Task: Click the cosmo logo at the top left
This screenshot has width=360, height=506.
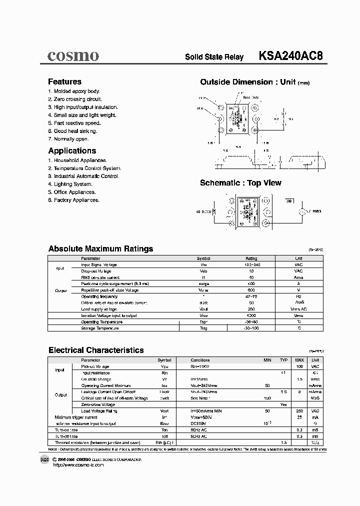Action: tap(73, 55)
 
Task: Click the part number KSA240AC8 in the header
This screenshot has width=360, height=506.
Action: tap(290, 56)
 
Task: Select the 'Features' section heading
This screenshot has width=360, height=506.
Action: tap(64, 81)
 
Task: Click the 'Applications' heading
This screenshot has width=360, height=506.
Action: tap(72, 150)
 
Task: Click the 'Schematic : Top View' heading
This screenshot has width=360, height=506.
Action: tap(240, 183)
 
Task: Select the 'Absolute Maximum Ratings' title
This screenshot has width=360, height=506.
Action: tap(100, 248)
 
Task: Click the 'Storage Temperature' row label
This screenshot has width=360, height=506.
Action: tap(100, 328)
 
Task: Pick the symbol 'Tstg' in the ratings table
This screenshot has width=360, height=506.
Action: tap(203, 328)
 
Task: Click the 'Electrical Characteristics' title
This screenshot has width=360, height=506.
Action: tap(96, 350)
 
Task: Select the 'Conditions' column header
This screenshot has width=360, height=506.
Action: tap(200, 360)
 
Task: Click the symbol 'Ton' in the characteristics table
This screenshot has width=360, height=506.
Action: tap(164, 429)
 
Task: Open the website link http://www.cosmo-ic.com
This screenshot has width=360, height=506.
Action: tap(78, 465)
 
